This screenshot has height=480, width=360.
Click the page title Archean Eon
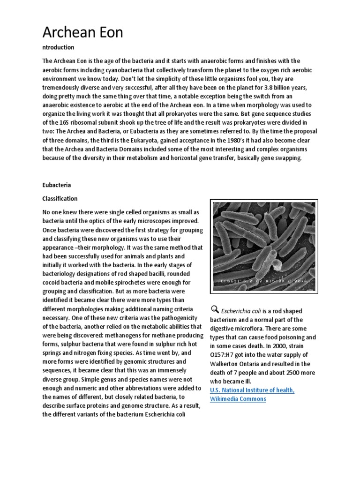coord(82,32)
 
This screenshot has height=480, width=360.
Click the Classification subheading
coord(60,198)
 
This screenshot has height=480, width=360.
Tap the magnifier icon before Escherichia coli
coord(214,309)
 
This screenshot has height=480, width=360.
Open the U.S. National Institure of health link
coord(252,390)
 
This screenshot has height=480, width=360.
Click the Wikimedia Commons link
coord(238,399)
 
